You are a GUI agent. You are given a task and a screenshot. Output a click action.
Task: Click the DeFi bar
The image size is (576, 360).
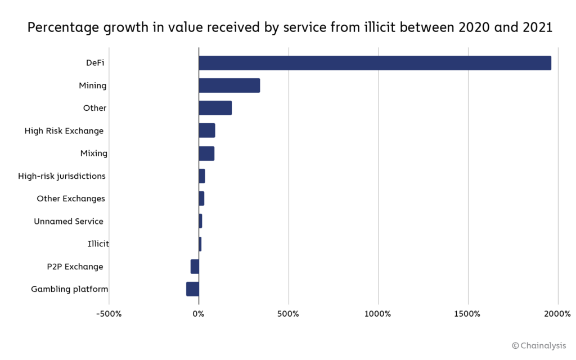click(x=375, y=63)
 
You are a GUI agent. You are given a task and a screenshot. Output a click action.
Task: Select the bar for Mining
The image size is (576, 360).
click(x=229, y=85)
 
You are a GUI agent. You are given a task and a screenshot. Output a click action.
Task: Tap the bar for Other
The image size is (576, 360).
click(x=215, y=108)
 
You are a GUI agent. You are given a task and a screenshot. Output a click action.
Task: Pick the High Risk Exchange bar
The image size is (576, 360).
click(x=207, y=130)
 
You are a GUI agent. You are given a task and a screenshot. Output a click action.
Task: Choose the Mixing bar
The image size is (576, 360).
click(x=206, y=154)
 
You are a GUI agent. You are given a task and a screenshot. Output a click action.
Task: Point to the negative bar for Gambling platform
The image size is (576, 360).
click(x=192, y=289)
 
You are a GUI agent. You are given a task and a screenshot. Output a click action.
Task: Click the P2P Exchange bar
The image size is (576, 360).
click(x=195, y=267)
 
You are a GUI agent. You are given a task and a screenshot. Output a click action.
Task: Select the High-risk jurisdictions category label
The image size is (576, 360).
click(x=62, y=176)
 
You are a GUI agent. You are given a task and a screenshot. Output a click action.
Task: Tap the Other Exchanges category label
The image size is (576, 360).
click(x=71, y=199)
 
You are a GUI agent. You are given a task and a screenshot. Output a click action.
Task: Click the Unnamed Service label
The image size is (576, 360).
click(x=69, y=221)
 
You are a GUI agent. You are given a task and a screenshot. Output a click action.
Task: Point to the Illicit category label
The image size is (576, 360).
click(x=98, y=244)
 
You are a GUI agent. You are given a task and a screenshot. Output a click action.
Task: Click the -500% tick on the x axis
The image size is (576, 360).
click(x=109, y=313)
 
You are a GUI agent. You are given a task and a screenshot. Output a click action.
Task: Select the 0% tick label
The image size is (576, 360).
click(x=199, y=313)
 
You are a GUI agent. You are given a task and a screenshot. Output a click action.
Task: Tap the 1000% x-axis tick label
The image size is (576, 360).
click(x=379, y=313)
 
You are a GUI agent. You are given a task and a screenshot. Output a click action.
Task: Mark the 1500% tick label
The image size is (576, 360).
click(x=468, y=313)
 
